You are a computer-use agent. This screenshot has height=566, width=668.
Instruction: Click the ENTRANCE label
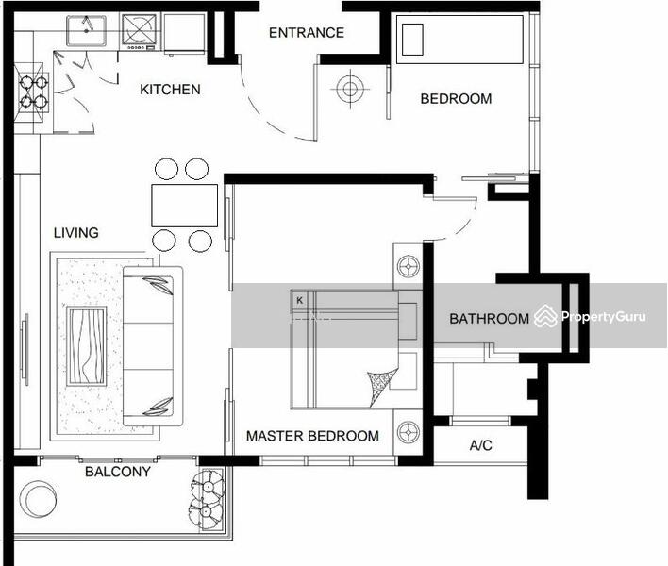[307, 33]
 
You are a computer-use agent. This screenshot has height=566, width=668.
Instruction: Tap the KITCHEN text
[170, 90]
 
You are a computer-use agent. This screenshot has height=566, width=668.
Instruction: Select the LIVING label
[75, 233]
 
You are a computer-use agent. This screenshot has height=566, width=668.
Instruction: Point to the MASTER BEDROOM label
[312, 436]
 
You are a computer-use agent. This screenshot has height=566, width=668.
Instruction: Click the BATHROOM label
[489, 319]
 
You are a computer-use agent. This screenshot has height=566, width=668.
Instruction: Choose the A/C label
[480, 445]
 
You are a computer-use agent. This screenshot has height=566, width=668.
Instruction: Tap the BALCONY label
[118, 472]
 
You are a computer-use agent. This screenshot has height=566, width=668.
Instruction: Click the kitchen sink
[86, 31]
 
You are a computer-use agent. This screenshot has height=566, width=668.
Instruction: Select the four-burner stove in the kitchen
[32, 92]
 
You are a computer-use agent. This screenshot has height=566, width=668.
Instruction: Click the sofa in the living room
[153, 346]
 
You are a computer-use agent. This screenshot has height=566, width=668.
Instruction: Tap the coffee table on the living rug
[87, 346]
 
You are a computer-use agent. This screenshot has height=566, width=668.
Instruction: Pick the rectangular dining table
[185, 206]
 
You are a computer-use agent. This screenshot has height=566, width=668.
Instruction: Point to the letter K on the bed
[299, 300]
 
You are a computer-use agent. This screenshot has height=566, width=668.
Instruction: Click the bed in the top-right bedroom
[459, 40]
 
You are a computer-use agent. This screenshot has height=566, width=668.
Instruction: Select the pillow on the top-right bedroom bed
[412, 40]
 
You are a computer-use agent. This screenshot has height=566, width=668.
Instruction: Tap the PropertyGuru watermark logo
[591, 316]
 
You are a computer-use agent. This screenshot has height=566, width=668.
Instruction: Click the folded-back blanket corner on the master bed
[382, 387]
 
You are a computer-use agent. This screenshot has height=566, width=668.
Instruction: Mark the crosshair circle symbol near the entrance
[350, 89]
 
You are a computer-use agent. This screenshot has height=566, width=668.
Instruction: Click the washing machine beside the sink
[140, 31]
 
